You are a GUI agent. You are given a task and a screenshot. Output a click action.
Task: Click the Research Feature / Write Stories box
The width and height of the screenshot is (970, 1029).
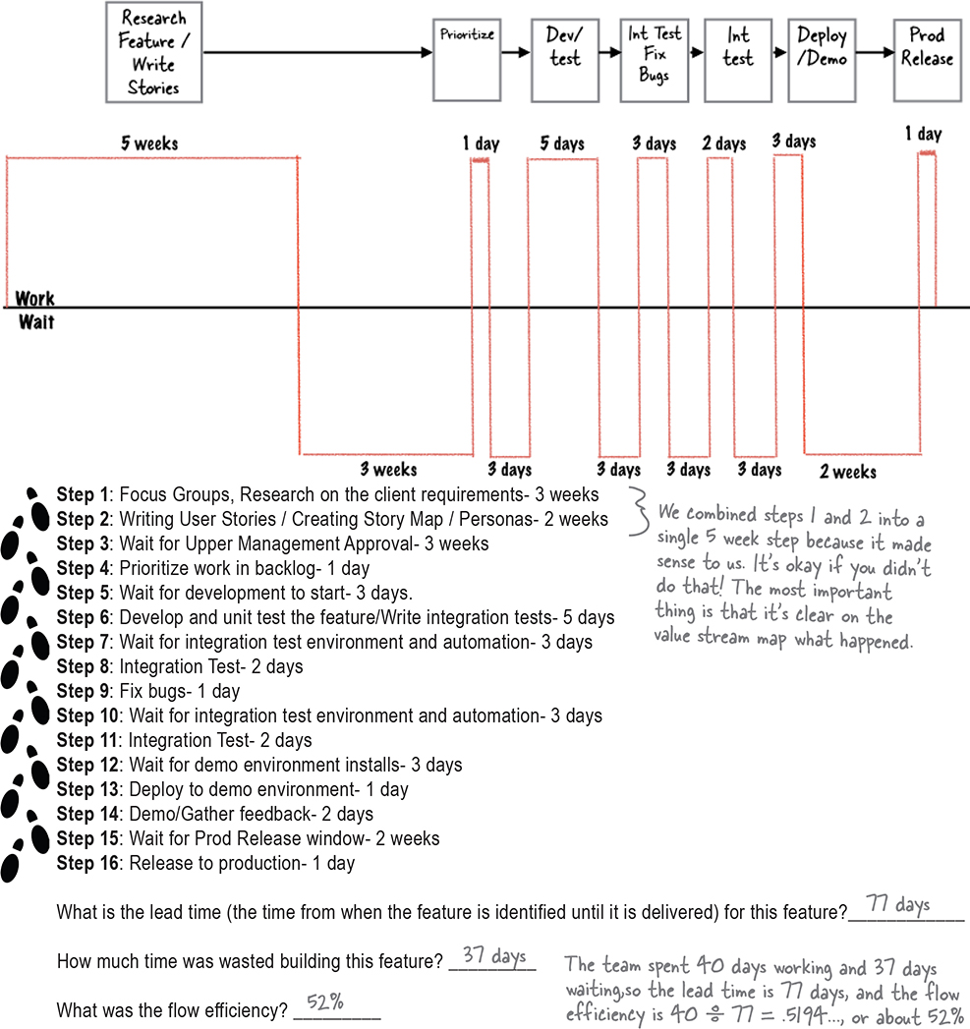click(153, 52)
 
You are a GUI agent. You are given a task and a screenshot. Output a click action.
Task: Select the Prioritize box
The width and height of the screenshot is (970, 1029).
click(467, 59)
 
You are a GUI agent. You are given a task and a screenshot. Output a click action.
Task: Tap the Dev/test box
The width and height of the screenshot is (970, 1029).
click(564, 59)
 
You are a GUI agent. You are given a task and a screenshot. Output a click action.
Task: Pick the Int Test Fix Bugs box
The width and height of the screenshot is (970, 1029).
click(654, 59)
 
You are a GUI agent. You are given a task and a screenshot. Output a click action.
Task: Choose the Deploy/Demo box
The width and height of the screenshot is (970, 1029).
click(822, 59)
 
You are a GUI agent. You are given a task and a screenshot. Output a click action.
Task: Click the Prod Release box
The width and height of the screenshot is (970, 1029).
click(927, 59)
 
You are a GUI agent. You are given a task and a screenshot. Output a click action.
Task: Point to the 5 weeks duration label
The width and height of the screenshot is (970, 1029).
click(149, 143)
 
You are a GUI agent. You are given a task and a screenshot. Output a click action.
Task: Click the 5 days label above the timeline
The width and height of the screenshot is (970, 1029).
click(562, 143)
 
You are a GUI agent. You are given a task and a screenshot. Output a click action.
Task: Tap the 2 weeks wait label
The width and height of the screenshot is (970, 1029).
click(848, 472)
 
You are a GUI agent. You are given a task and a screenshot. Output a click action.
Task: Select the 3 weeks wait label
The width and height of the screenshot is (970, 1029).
click(388, 470)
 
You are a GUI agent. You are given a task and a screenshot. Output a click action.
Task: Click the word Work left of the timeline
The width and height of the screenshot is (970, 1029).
click(35, 298)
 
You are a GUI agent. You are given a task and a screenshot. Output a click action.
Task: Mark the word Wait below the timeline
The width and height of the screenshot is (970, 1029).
click(36, 321)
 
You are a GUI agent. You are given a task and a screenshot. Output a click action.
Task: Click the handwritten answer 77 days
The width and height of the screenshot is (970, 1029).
click(898, 905)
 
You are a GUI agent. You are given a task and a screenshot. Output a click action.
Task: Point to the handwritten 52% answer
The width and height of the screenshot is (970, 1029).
click(325, 1002)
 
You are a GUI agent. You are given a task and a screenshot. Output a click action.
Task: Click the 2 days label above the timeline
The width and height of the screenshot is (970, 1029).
click(724, 143)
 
